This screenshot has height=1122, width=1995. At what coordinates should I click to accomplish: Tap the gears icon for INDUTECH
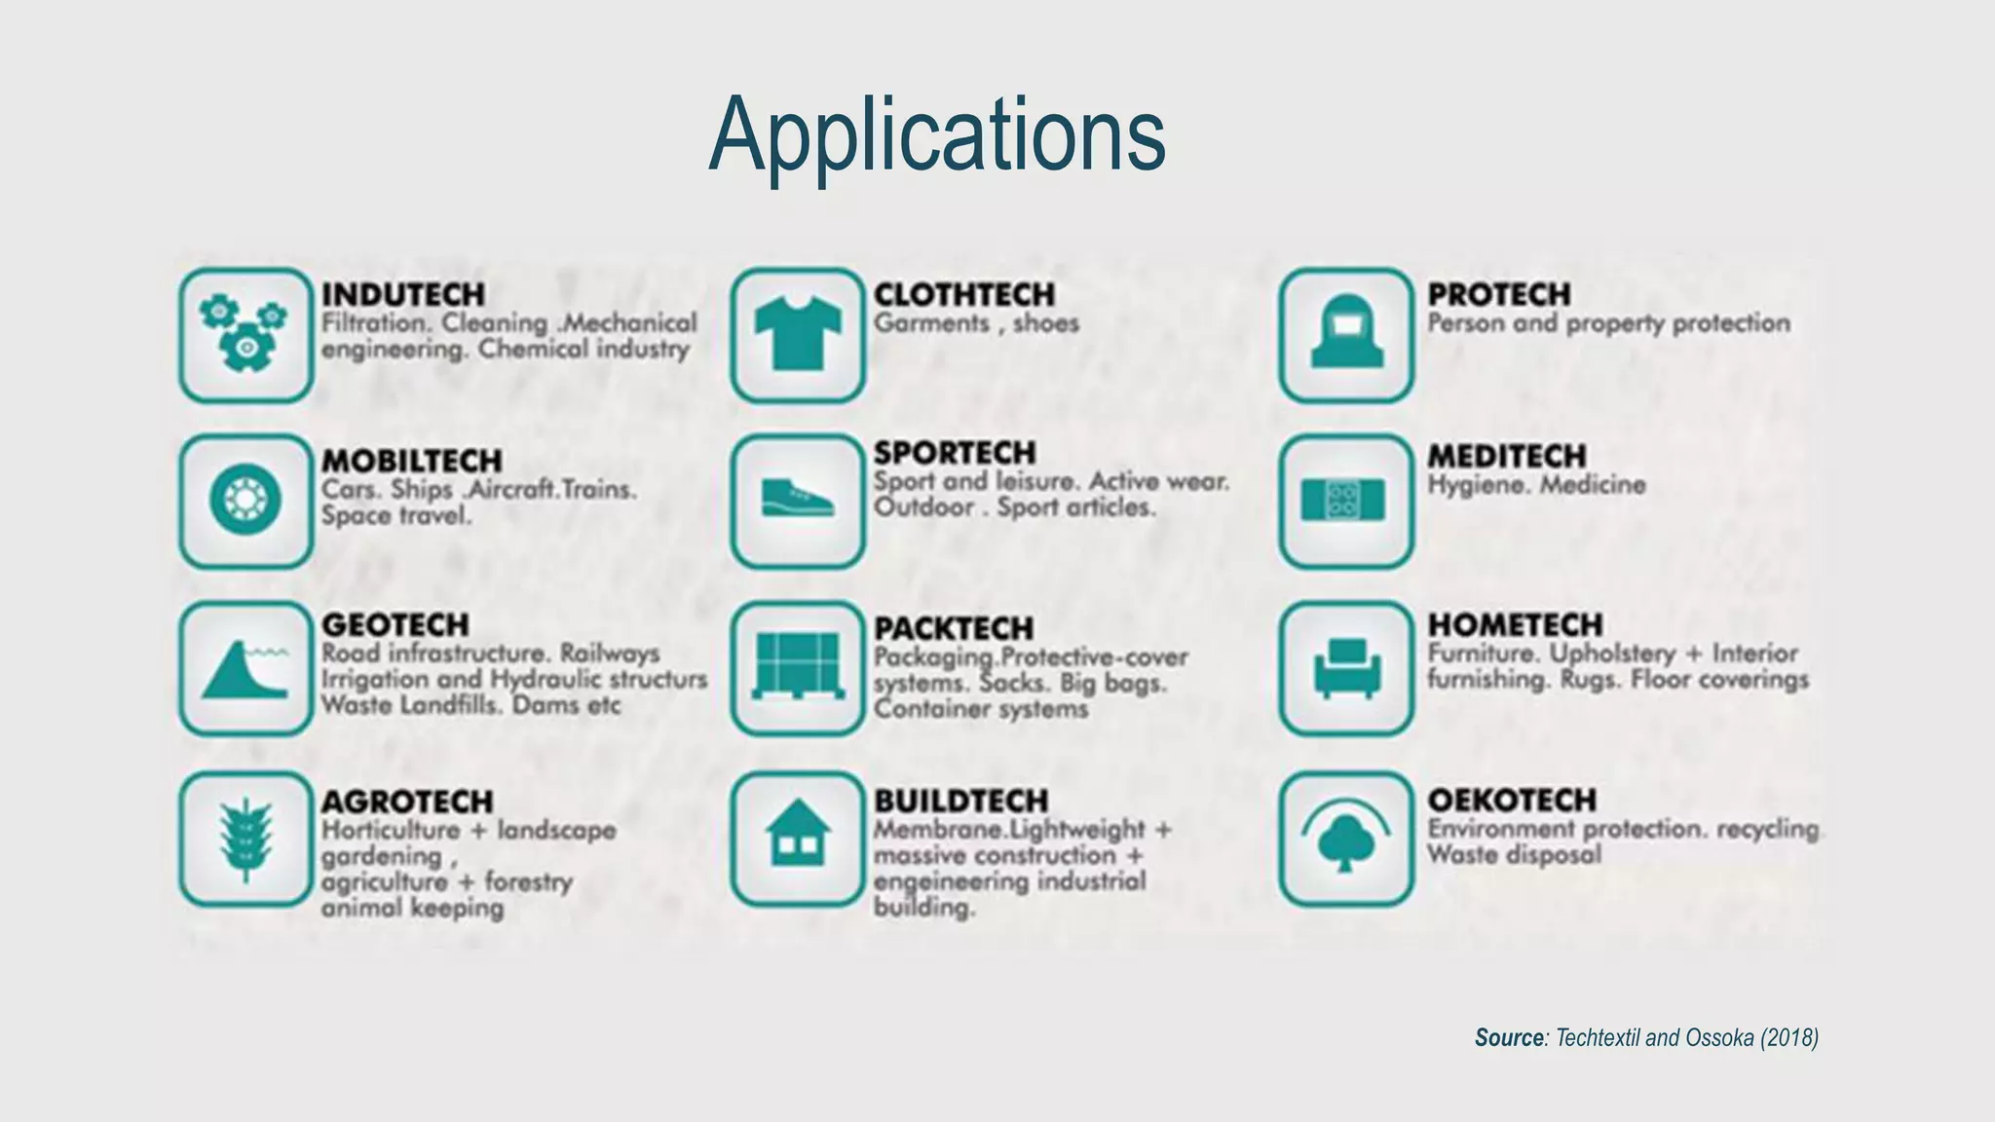click(x=245, y=335)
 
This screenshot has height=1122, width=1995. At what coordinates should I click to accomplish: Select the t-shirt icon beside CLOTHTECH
click(x=798, y=335)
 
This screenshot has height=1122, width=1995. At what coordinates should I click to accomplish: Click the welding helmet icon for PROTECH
click(x=1346, y=335)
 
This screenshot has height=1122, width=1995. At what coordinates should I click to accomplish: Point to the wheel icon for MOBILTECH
click(x=245, y=501)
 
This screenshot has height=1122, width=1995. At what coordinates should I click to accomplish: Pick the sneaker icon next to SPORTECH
click(x=798, y=501)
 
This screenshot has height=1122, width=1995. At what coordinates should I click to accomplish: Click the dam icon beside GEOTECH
click(x=245, y=668)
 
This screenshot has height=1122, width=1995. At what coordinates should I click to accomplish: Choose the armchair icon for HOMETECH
click(x=1346, y=668)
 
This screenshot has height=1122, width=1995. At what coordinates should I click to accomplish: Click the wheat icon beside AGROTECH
click(x=245, y=840)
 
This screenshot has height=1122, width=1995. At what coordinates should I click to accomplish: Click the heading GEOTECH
click(x=395, y=624)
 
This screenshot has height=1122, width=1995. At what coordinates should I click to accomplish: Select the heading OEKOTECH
click(x=1512, y=801)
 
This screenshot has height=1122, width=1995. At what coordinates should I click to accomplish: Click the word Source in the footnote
click(x=1509, y=1038)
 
